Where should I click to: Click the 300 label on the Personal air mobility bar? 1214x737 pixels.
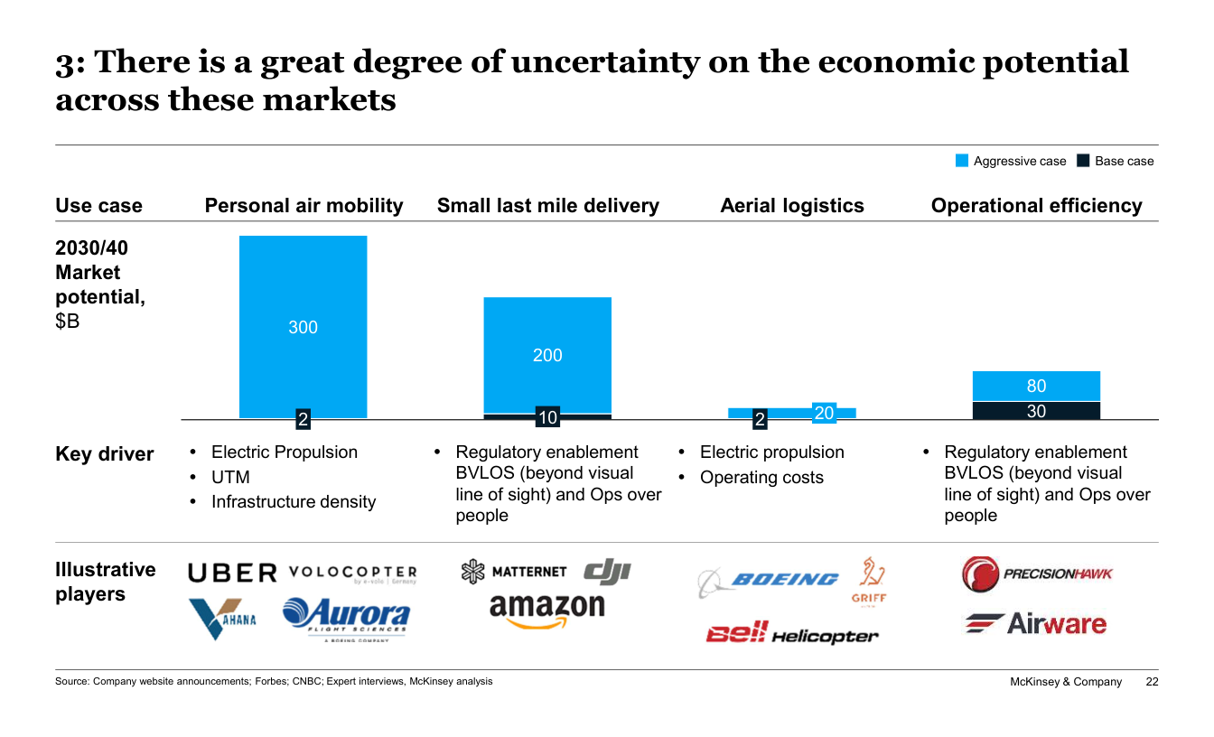303,327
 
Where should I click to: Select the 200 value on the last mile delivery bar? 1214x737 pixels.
547,355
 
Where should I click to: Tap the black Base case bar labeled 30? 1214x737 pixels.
1036,411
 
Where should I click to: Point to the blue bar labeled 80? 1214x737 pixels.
1036,386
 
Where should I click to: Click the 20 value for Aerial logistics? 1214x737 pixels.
824,414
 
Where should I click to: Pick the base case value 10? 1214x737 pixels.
547,417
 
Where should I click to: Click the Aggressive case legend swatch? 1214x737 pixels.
962,162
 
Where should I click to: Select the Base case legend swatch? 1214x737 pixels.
1084,162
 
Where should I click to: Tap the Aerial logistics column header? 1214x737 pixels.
792,206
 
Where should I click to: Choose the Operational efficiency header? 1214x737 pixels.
1036,206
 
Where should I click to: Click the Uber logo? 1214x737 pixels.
232,573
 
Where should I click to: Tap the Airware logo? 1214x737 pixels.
1035,623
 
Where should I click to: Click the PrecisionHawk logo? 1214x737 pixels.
1037,574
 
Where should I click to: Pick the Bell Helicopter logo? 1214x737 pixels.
792,634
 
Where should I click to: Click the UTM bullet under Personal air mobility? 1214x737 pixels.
230,477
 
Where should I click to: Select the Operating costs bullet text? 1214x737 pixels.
761,477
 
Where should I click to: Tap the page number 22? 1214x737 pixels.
1152,682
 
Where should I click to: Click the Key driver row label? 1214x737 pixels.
105,454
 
